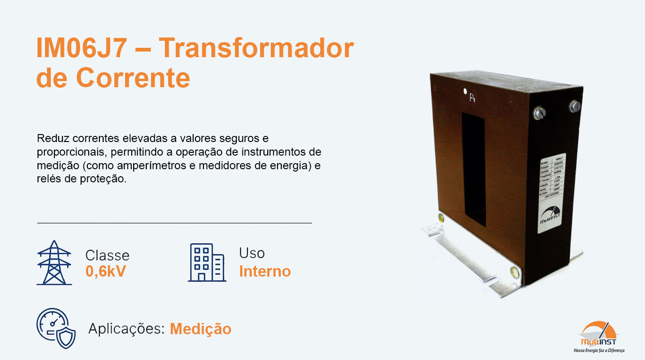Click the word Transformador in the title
[x=255, y=48]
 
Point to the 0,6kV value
[x=105, y=271]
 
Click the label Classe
[x=107, y=255]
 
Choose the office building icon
[x=207, y=262]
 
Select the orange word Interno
[x=265, y=271]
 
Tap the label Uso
[x=252, y=253]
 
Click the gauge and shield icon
[x=56, y=328]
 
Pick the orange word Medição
[x=201, y=329]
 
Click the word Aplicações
[x=126, y=329]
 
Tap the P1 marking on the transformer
[x=473, y=98]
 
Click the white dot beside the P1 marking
[x=465, y=91]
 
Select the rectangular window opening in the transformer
[x=473, y=169]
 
